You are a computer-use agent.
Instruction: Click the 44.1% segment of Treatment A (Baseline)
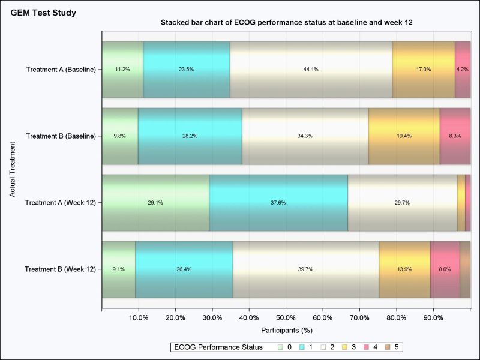(x=311, y=70)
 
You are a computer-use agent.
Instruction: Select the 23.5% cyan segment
(x=186, y=70)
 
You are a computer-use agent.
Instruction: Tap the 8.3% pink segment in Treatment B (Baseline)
(x=455, y=136)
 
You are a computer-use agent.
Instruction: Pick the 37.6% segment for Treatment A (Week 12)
(x=278, y=203)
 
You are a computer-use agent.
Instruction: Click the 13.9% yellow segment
(x=404, y=269)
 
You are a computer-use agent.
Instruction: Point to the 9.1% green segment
(x=119, y=269)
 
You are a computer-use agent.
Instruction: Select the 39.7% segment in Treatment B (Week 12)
(x=305, y=269)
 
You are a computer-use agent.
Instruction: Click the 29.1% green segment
(x=155, y=203)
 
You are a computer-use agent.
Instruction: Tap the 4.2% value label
(x=462, y=70)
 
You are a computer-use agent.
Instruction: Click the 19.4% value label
(x=404, y=136)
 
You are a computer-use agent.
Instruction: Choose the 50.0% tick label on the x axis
(x=286, y=318)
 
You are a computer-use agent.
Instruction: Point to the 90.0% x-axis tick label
(x=433, y=318)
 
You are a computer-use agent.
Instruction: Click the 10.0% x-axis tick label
(x=139, y=318)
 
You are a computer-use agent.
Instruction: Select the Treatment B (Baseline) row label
(x=61, y=136)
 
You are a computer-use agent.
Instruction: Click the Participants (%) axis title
(x=287, y=330)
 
